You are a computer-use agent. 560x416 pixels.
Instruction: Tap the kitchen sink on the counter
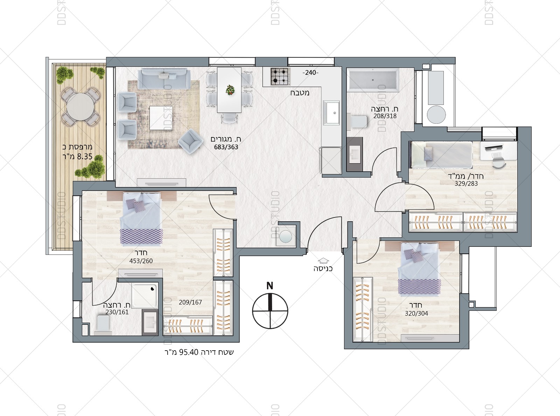(x=331, y=113)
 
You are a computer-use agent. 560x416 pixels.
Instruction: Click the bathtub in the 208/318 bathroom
(x=373, y=80)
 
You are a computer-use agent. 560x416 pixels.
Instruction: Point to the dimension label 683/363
(x=226, y=147)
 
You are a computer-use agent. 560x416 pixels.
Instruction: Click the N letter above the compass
(x=270, y=286)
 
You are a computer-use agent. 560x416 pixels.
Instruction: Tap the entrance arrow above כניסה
(x=323, y=260)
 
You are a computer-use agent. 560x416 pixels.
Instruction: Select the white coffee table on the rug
(x=161, y=118)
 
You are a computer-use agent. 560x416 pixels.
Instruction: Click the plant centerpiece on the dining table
(x=230, y=90)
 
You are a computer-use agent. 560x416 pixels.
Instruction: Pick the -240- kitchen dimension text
(x=310, y=73)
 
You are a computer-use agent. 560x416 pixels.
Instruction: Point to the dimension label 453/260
(x=141, y=261)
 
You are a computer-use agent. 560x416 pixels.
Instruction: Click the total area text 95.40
(x=189, y=352)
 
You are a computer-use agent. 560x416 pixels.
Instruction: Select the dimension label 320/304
(x=416, y=314)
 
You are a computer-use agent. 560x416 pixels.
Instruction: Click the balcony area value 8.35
(x=85, y=157)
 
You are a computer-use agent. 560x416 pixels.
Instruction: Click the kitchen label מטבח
(x=300, y=93)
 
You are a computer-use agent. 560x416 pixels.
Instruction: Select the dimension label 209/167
(x=190, y=302)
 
